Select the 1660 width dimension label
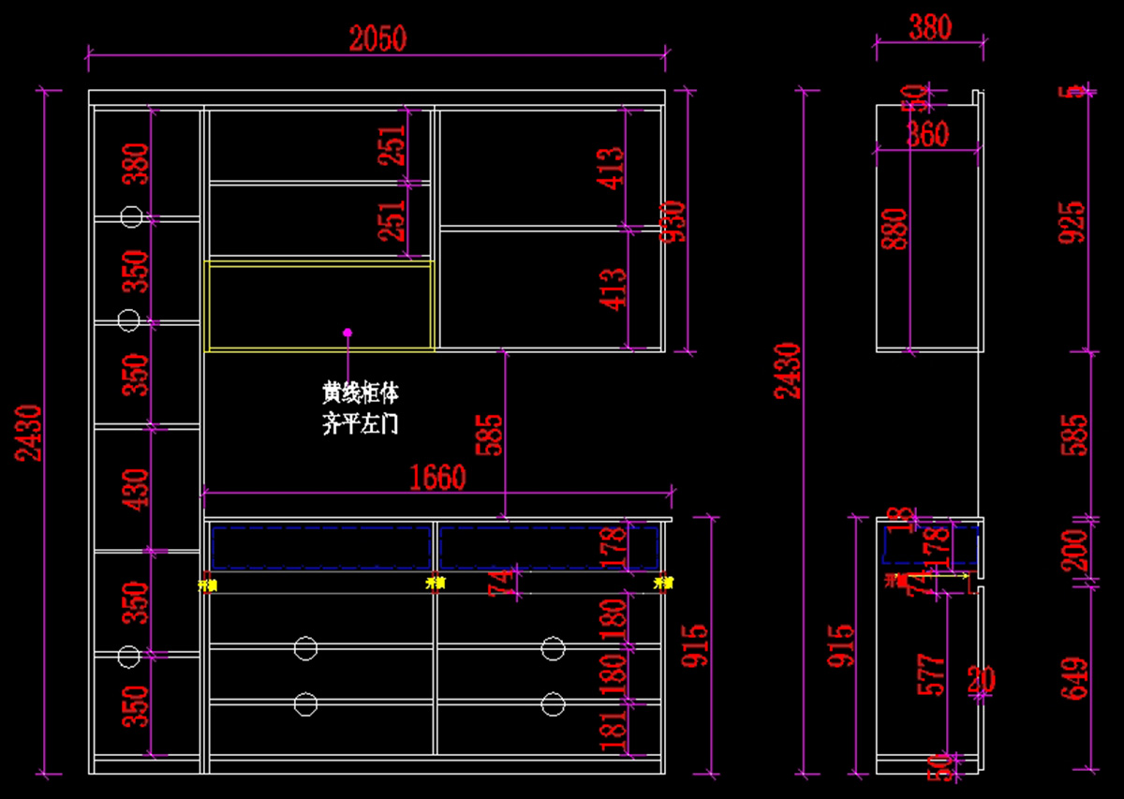(x=437, y=478)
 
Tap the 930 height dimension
(x=674, y=222)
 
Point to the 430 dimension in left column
(x=137, y=489)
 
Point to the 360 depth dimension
(x=927, y=135)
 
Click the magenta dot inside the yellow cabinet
(x=347, y=332)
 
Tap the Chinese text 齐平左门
(x=361, y=424)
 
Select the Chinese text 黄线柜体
(x=361, y=392)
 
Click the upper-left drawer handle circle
(x=305, y=647)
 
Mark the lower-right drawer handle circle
(x=553, y=703)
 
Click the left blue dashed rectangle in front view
(x=321, y=547)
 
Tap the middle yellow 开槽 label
(x=435, y=583)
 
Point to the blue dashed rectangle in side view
(x=931, y=546)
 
